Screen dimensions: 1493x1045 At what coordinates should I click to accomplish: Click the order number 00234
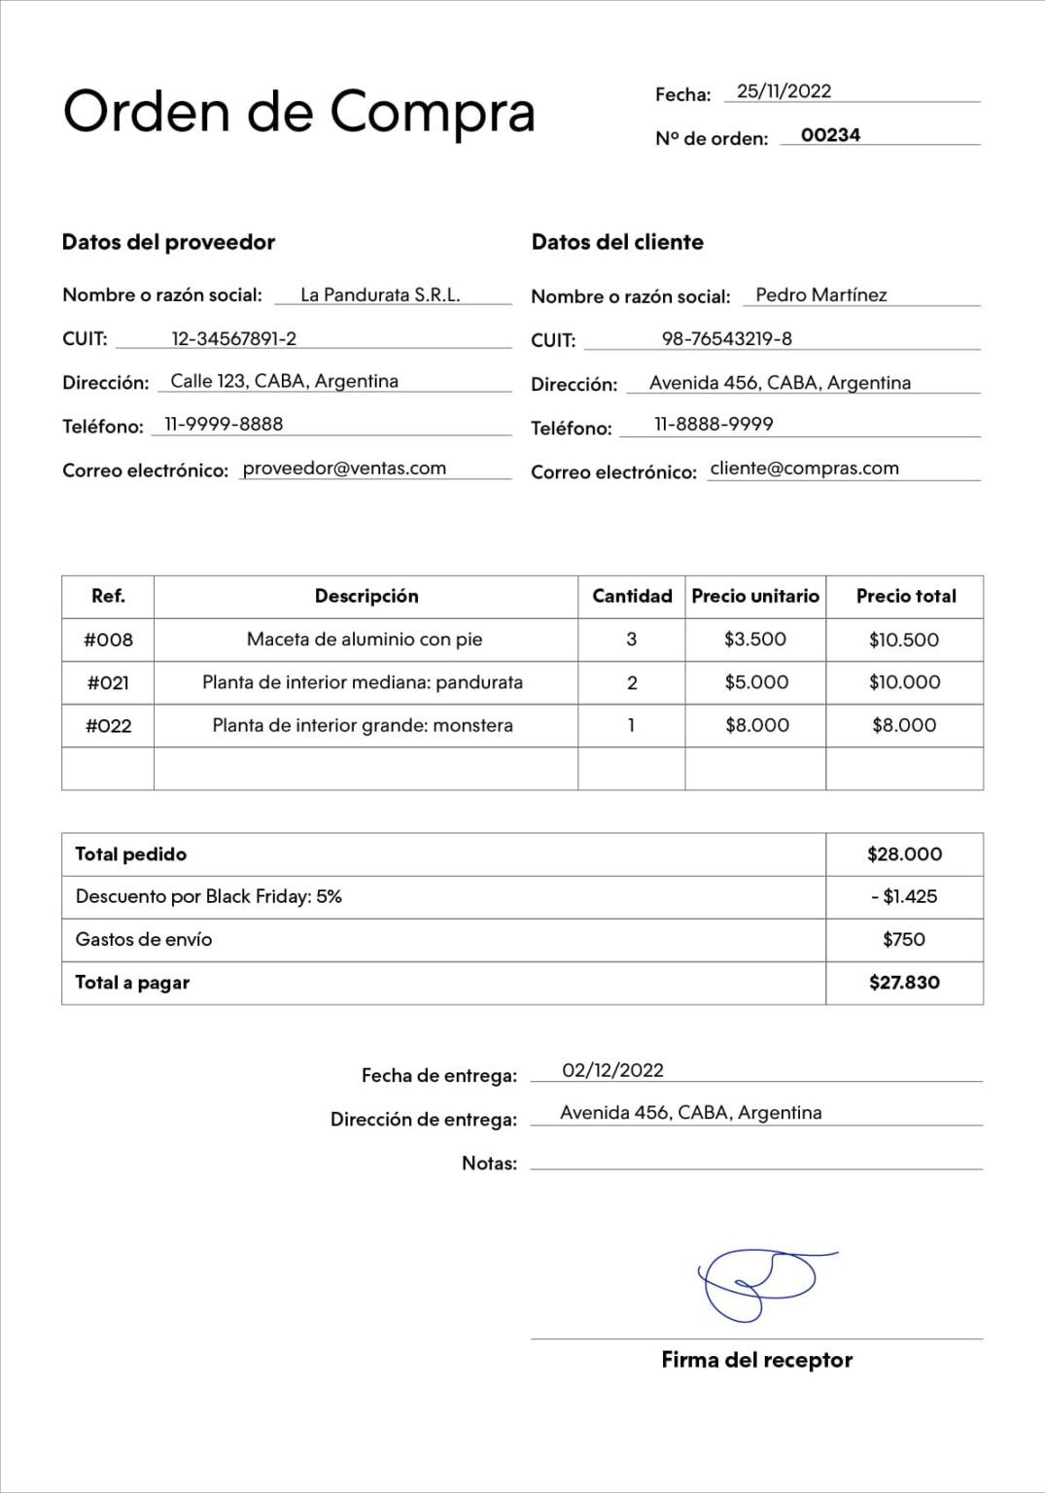pos(830,135)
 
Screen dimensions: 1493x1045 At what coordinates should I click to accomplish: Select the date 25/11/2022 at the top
pos(784,91)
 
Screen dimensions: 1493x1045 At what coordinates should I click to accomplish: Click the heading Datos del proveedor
pos(168,242)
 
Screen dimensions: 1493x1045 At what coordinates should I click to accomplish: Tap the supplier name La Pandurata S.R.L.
pos(380,295)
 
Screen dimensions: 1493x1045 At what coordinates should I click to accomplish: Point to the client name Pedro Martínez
pos(820,295)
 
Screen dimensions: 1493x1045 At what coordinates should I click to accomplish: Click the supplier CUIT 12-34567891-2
pos(233,338)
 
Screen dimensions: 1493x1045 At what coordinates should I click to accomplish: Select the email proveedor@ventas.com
pos(344,468)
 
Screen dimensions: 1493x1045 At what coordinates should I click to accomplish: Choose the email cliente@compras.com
pos(804,468)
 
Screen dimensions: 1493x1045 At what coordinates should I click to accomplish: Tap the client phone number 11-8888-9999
pos(714,424)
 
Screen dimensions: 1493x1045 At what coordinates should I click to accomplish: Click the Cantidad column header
pos(632,596)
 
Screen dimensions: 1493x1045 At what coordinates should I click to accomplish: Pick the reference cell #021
pos(108,682)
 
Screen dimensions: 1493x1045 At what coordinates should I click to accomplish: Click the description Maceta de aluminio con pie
pos(365,639)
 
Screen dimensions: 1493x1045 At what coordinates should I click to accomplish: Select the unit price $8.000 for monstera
pos(756,725)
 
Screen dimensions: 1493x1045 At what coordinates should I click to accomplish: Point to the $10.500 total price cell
pos(904,640)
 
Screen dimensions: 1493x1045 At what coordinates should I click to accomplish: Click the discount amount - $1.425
pos(904,896)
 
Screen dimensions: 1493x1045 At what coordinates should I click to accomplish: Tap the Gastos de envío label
pos(144,939)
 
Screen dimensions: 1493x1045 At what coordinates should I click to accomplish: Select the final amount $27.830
pos(904,982)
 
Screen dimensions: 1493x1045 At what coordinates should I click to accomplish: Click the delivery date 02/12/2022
pos(612,1070)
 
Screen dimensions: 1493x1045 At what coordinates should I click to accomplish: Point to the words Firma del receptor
pos(756,1360)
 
